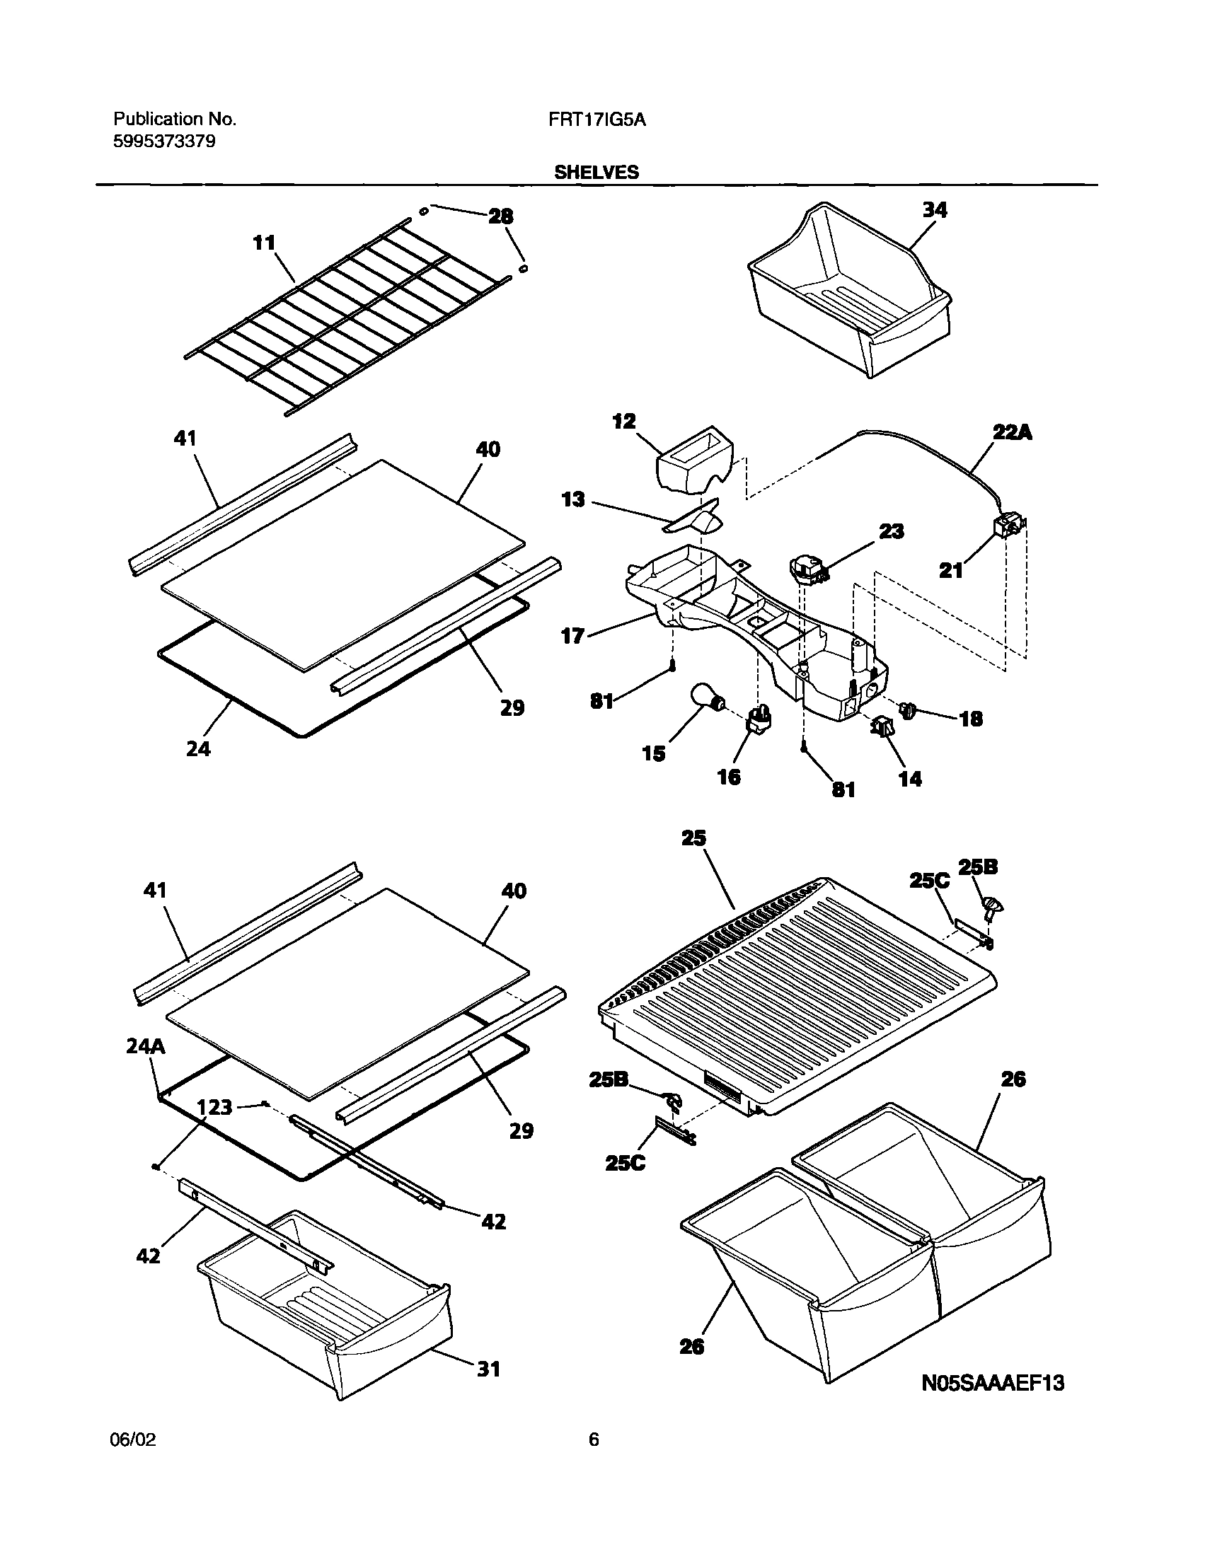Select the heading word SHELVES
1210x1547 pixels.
tap(597, 173)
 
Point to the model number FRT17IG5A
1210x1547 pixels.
tap(597, 120)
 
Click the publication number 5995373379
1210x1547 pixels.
tap(164, 141)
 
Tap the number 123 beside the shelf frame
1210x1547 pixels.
tap(214, 1106)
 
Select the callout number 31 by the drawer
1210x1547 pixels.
tap(488, 1369)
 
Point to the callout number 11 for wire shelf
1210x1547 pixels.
tap(264, 243)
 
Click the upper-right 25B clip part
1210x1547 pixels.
tap(993, 906)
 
